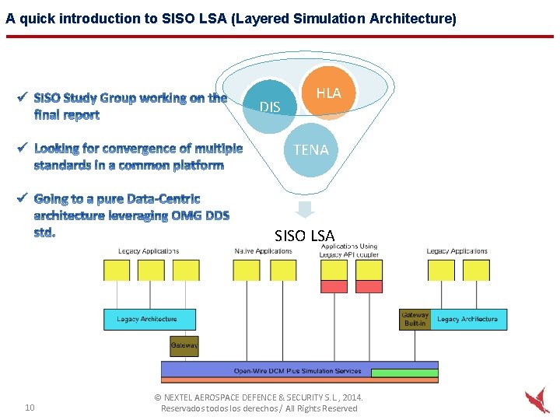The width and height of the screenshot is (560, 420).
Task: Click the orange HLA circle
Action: (x=329, y=93)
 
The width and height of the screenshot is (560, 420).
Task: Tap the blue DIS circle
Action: (x=270, y=107)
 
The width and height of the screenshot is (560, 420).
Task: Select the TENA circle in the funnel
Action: (x=311, y=149)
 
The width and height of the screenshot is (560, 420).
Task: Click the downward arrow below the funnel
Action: (x=306, y=209)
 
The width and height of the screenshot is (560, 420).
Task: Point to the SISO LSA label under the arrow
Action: (x=304, y=235)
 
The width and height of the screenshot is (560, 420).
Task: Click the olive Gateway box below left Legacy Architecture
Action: (x=184, y=345)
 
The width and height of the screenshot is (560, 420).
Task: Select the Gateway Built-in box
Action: (x=415, y=319)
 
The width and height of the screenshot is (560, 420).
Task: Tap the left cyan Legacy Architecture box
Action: (x=149, y=319)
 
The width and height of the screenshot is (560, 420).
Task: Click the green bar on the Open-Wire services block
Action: (x=404, y=373)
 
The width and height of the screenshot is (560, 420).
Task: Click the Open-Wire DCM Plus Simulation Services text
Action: (x=297, y=371)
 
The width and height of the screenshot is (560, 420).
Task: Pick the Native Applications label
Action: (x=263, y=251)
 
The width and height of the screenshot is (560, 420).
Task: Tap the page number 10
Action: (x=30, y=408)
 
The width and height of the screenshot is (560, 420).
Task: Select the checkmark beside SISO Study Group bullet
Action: (x=23, y=97)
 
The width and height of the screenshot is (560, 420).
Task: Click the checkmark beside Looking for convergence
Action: (x=23, y=147)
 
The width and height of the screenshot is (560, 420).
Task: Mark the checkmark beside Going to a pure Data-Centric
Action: (x=23, y=198)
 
